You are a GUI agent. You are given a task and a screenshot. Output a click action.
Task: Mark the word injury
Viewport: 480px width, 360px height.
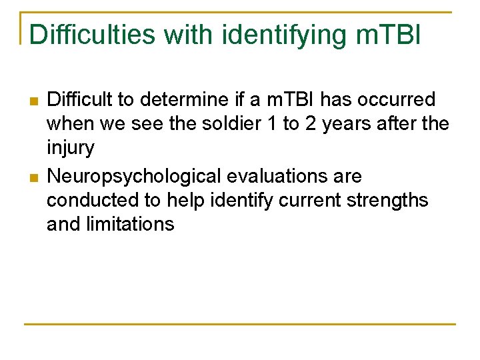click(x=70, y=148)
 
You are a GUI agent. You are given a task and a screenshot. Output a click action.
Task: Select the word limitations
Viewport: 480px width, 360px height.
click(x=131, y=224)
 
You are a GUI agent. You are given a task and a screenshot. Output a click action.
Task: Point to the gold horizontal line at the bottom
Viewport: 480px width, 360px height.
click(x=240, y=325)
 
